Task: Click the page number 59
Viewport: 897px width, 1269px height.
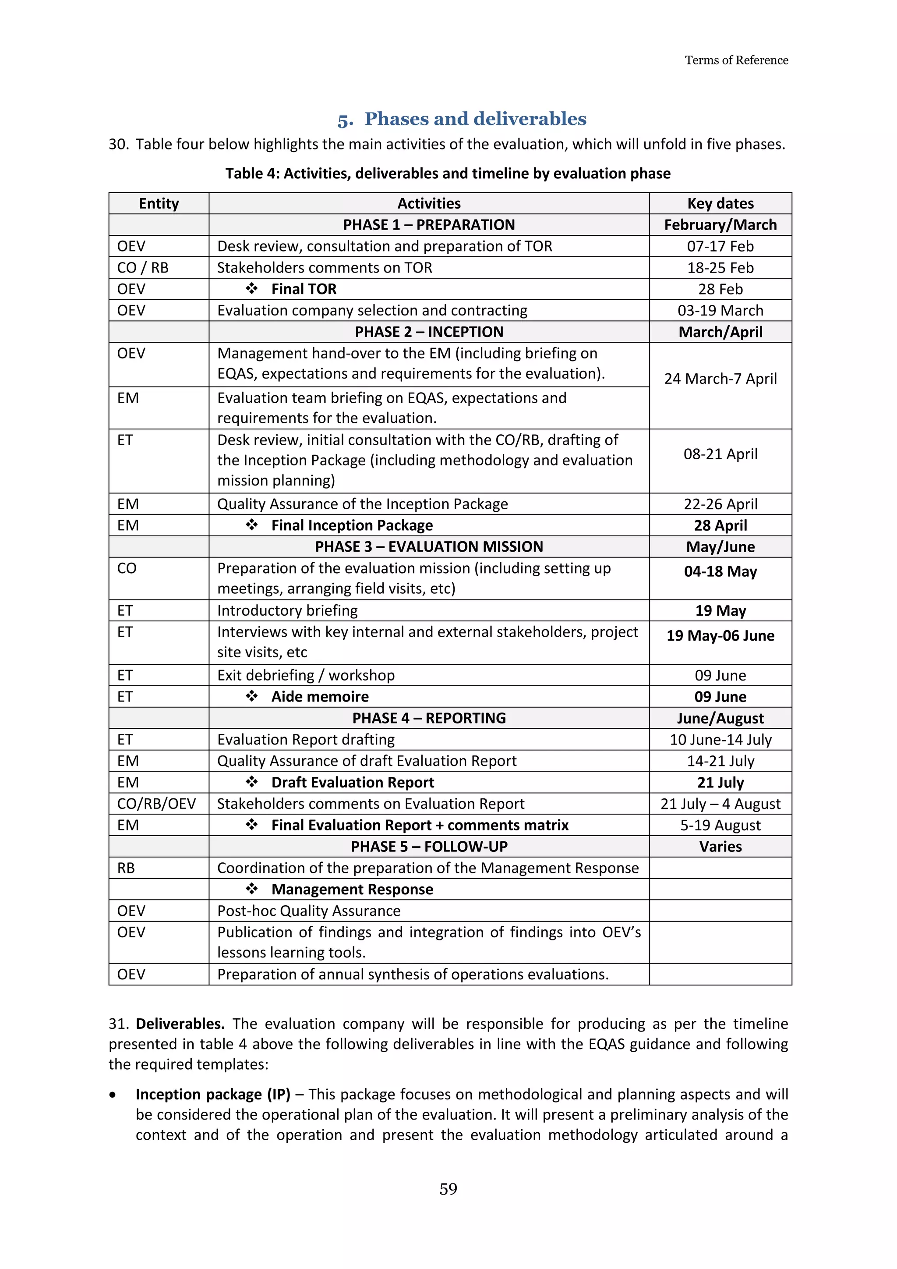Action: click(x=448, y=1188)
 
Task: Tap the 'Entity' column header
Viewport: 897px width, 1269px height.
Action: click(x=159, y=203)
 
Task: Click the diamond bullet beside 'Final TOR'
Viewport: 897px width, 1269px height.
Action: click(x=252, y=288)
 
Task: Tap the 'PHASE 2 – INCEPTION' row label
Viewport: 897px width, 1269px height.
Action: click(x=429, y=332)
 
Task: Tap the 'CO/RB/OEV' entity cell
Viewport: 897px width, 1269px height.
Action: click(x=156, y=804)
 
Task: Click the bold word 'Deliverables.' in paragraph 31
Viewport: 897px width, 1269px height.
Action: click(x=180, y=1024)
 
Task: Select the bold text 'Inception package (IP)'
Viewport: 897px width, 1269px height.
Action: click(x=213, y=1094)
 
